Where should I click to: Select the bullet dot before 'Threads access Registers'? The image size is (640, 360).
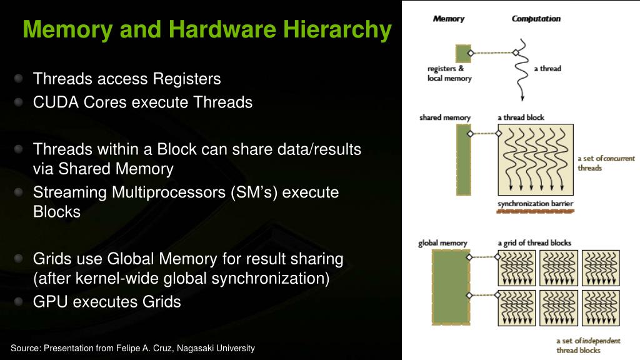[19, 79]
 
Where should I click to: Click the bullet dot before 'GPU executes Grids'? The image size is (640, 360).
[19, 301]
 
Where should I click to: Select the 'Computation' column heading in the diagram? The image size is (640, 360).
[536, 19]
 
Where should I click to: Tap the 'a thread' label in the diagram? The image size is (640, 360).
[547, 69]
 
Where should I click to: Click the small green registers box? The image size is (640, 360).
[463, 53]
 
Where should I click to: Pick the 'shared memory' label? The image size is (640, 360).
[445, 117]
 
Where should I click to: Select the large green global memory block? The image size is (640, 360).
[450, 287]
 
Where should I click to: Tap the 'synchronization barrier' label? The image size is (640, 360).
[536, 204]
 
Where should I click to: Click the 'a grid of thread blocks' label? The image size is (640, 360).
[534, 243]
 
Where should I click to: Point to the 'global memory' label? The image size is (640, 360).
[442, 243]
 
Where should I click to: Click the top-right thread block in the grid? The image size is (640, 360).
[601, 268]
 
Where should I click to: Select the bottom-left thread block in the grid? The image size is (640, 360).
[517, 307]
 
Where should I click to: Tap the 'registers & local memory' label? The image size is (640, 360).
[449, 74]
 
